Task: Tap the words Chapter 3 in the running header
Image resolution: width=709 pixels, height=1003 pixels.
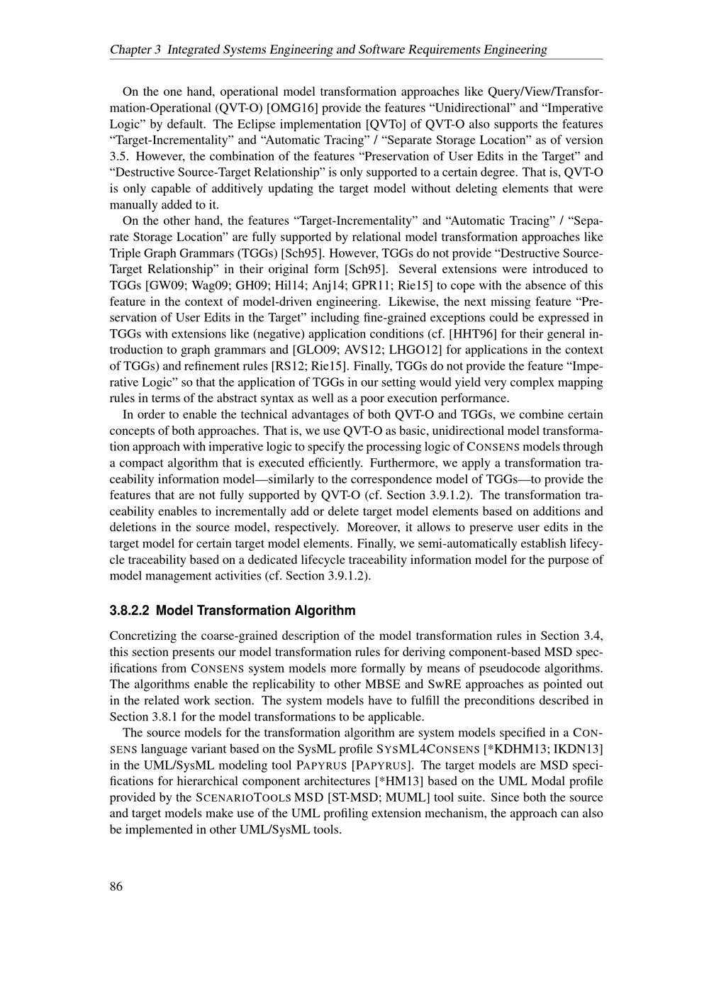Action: point(135,50)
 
